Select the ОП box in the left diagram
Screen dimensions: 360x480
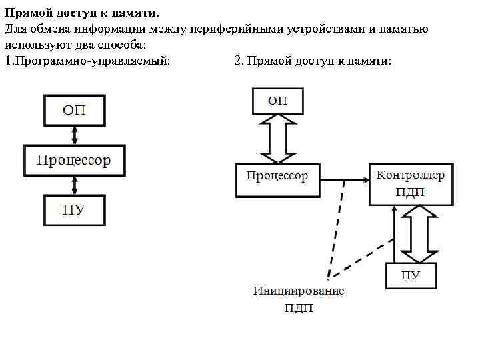[75, 110]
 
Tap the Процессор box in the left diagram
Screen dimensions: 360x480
[74, 160]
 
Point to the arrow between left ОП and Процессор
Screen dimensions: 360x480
[75, 135]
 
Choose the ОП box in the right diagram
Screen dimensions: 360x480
[277, 101]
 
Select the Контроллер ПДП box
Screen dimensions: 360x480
[411, 184]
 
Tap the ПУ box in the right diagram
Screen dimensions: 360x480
[411, 275]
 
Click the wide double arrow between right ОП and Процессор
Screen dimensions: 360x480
[277, 139]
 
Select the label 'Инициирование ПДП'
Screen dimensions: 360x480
[298, 299]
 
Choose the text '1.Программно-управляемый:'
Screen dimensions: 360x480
[87, 61]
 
